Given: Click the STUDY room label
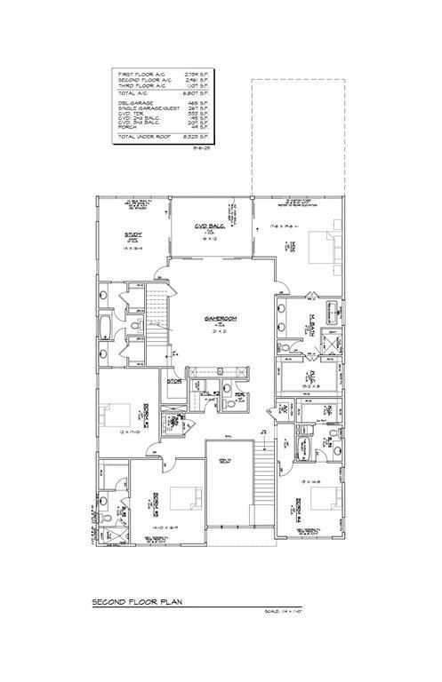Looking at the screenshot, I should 133,234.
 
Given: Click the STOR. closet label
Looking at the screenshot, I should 174,383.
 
